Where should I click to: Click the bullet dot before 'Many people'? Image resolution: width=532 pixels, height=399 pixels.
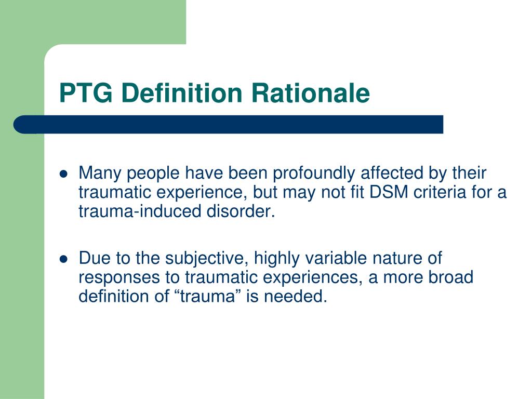tap(64, 175)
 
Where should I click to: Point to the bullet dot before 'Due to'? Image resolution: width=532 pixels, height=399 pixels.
tap(64, 259)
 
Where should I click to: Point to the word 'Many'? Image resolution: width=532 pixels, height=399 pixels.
tap(99, 173)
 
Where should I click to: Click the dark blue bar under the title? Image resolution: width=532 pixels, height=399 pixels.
tap(229, 124)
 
